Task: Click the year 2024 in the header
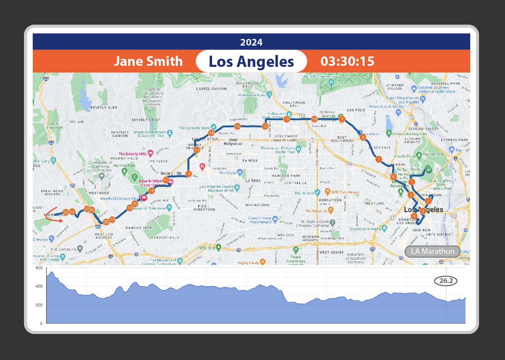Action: click(251, 42)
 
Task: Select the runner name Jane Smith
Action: click(148, 61)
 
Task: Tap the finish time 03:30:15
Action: click(347, 61)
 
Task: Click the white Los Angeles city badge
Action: click(251, 61)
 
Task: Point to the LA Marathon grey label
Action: click(432, 251)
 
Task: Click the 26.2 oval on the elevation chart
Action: click(446, 281)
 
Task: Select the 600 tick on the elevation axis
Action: click(39, 268)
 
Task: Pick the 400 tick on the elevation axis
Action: click(39, 286)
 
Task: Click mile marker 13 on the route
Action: click(238, 126)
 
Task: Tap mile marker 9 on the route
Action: click(342, 119)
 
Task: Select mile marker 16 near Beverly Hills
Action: click(189, 173)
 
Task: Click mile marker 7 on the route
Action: click(378, 159)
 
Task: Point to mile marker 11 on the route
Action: click(287, 119)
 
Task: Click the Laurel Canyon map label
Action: click(211, 89)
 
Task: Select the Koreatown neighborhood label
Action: click(330, 200)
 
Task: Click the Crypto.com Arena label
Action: click(365, 229)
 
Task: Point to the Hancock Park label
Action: click(286, 176)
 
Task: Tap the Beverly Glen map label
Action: click(104, 107)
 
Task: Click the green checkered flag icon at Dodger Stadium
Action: click(429, 170)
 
